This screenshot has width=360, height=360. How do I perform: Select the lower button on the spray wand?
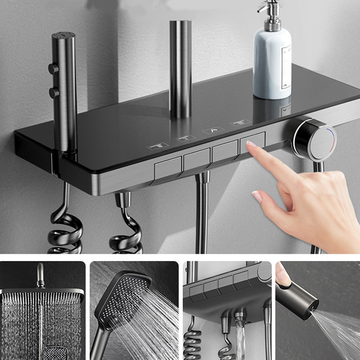(x=54, y=93)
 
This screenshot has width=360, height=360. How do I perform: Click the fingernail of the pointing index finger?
(x=251, y=145)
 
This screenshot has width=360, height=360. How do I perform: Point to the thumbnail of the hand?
(x=257, y=196)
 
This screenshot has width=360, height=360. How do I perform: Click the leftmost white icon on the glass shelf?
(x=158, y=145)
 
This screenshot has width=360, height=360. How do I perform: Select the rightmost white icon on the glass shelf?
(x=240, y=122)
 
